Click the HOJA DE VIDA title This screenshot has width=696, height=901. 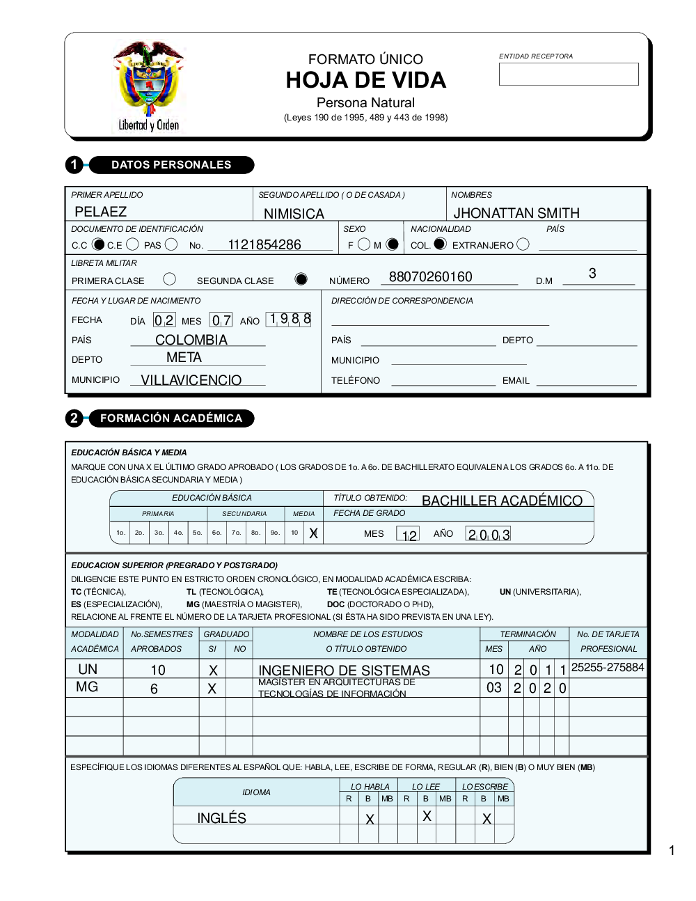(x=365, y=80)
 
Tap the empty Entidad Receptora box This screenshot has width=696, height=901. (x=568, y=75)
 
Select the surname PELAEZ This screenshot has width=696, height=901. (x=101, y=212)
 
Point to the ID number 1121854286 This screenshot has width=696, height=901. (x=264, y=244)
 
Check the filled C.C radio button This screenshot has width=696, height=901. (x=98, y=244)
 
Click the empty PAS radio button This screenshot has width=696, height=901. (x=171, y=244)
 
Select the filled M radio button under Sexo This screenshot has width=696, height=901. (x=393, y=244)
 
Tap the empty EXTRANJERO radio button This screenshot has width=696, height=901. (x=523, y=244)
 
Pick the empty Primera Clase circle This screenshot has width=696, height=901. (x=169, y=279)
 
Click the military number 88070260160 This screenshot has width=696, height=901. (x=430, y=276)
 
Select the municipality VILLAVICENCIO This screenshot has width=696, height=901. (x=191, y=380)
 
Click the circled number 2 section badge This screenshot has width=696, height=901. (x=74, y=418)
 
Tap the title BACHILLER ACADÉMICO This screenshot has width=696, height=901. (x=502, y=501)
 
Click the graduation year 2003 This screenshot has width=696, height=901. (x=489, y=534)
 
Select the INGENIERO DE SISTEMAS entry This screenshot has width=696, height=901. (x=344, y=670)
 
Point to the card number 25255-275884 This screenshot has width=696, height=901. (x=608, y=667)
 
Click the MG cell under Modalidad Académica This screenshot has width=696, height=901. (x=87, y=687)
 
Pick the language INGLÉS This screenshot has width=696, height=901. (x=221, y=818)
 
